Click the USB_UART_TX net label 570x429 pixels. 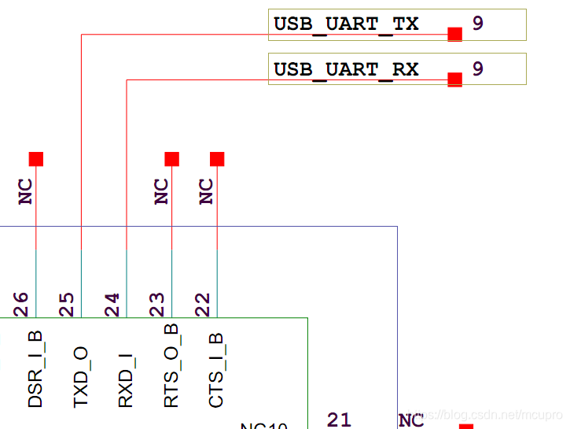pos(346,24)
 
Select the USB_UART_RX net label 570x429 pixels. pos(346,69)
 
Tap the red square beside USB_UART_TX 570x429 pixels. pos(454,34)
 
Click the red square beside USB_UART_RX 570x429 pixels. pos(454,80)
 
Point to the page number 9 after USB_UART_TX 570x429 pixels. pos(478,24)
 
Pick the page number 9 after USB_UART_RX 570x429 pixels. pos(478,69)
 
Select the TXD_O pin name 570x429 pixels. pos(81,376)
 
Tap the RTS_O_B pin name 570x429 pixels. pos(171,366)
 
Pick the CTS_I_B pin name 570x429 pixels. pos(217,370)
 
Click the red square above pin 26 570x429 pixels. pos(36,159)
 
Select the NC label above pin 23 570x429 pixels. pos(161,191)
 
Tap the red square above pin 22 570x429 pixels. pos(217,159)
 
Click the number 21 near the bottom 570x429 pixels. pos(339,420)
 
